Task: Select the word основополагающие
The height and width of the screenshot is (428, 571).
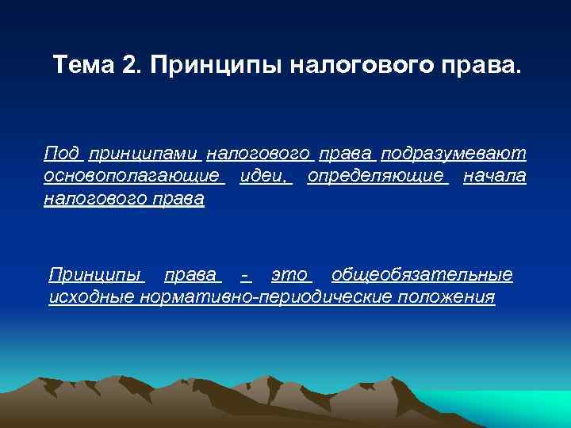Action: coord(131,175)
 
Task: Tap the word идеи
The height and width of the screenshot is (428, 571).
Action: coord(264,175)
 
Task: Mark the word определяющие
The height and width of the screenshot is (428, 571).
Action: coord(376,175)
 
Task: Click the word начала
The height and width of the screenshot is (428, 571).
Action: coord(494,175)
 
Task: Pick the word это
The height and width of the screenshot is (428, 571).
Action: coord(289,275)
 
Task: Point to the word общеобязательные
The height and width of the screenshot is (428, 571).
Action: coord(422,275)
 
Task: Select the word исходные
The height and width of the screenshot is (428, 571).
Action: coord(91,297)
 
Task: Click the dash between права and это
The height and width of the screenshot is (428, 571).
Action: coord(246,275)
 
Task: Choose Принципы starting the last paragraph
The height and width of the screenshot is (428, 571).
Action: coord(95,275)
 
